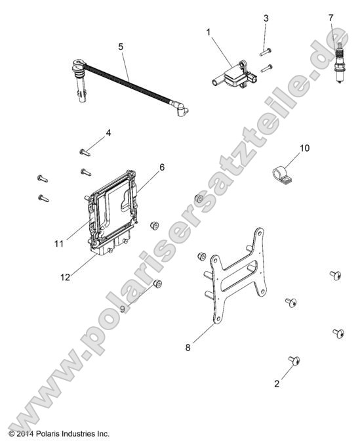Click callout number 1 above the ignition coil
click(208, 32)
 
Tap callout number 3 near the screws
click(266, 18)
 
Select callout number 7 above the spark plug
click(330, 18)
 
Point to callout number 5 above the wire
click(121, 47)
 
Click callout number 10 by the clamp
click(304, 148)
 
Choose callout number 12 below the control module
click(65, 277)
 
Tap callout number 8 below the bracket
click(188, 347)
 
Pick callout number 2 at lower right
click(277, 384)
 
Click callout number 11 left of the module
click(59, 244)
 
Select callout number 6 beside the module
click(162, 167)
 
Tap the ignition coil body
click(234, 75)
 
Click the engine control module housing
click(113, 211)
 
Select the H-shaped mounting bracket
click(237, 276)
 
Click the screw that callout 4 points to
click(85, 152)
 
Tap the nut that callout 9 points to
click(157, 284)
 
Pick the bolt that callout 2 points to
click(294, 360)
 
